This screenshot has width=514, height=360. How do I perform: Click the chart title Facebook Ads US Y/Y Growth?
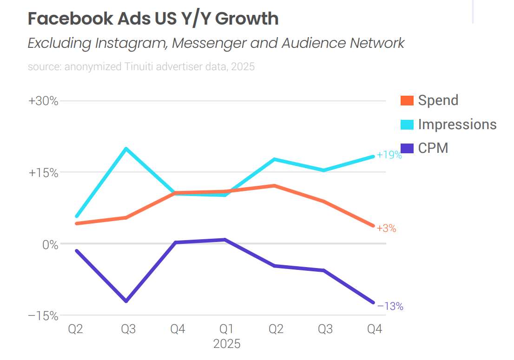click(153, 19)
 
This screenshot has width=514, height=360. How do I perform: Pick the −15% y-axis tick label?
click(44, 316)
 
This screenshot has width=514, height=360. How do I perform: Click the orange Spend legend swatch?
click(407, 100)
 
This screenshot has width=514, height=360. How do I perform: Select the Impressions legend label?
click(457, 124)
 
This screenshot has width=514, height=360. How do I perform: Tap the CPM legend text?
click(433, 148)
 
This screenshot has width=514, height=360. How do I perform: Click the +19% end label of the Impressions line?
click(389, 155)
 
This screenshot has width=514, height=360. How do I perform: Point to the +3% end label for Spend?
click(386, 229)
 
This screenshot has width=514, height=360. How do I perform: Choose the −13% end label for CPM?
click(390, 307)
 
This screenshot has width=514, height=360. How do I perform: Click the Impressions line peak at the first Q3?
click(126, 149)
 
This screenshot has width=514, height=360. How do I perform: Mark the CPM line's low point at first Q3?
click(126, 301)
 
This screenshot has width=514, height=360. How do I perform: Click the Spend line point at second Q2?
click(275, 186)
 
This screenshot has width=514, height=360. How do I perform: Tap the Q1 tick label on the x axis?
click(226, 329)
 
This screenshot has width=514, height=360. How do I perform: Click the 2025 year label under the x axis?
click(227, 344)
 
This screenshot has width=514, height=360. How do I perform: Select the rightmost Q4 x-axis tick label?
click(375, 329)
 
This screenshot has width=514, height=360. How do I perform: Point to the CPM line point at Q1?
click(225, 240)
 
